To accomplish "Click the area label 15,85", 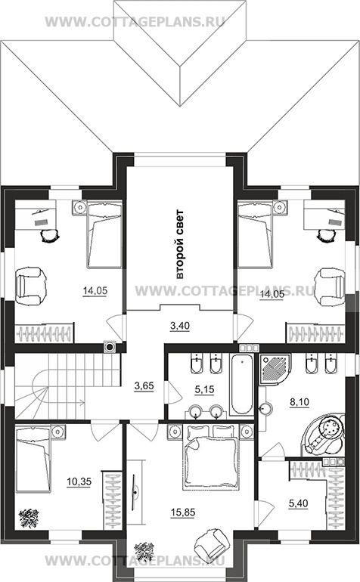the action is pos(183,512).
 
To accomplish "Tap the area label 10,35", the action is pos(79,481).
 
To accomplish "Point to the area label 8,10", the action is pos(299,401).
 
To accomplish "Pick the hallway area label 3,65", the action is pos(144,386).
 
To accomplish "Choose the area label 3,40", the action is pos(180,326).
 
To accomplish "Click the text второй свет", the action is pos(179,244).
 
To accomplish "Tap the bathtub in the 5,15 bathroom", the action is pos(241,385).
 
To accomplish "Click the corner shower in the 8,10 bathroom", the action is pos(275,370).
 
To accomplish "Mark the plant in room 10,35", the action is pos(29,517).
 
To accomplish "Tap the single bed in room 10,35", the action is pos(33,460).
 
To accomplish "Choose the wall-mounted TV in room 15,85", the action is pos(135,492).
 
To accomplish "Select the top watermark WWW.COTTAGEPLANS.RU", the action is pos(135,21).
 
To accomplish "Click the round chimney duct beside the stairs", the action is pos(110,347).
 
